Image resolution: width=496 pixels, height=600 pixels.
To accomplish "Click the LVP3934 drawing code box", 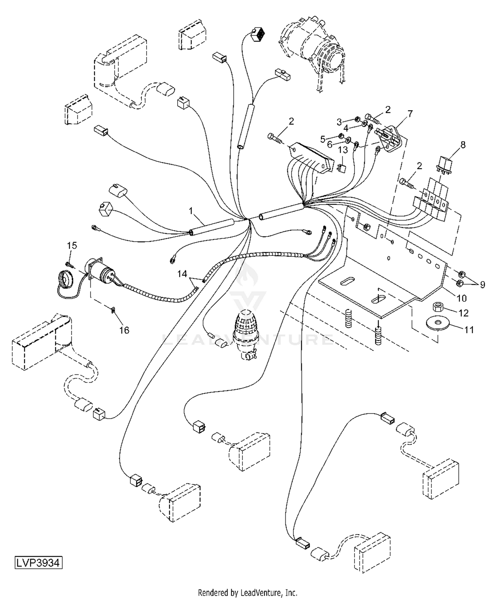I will coord(38,563).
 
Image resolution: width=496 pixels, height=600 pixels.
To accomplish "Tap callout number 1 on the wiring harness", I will coord(190,210).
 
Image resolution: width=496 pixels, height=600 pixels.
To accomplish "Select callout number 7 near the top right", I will coord(410,114).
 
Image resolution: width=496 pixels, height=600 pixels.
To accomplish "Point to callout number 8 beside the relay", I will coord(463,145).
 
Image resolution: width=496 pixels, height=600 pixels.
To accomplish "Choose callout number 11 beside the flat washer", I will coord(469,330).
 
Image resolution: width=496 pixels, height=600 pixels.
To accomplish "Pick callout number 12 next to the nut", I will coord(464,313).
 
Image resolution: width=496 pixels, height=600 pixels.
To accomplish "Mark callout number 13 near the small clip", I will coord(343,150).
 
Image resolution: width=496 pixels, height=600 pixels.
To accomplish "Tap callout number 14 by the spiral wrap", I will coord(182,274).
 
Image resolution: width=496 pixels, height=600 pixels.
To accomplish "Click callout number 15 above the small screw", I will coord(72,245).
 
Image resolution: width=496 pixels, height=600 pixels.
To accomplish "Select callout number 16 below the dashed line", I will coord(124,330).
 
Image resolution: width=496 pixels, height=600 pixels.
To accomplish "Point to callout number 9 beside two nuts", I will coord(482,284).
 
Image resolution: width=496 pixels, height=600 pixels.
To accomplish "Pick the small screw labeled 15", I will coord(68,264).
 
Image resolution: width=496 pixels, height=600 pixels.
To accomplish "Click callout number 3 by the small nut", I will coord(339,122).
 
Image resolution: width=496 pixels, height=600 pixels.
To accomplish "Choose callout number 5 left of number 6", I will coord(323,139).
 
